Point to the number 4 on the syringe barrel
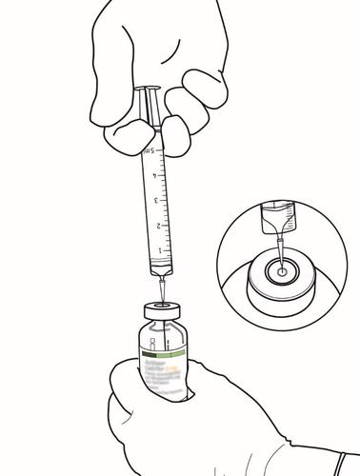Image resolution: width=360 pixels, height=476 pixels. [x=153, y=176]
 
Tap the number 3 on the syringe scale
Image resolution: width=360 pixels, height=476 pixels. [x=153, y=202]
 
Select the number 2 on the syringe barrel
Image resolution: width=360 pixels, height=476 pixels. [x=154, y=228]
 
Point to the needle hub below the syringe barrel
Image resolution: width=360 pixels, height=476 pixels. [x=164, y=282]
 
